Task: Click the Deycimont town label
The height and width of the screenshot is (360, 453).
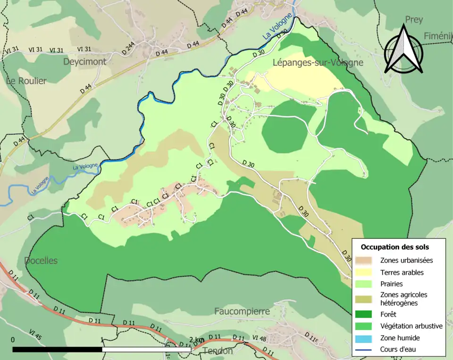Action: pos(84,61)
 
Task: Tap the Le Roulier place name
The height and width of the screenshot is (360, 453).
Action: pos(26,81)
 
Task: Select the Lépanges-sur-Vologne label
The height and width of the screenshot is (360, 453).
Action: pos(318,62)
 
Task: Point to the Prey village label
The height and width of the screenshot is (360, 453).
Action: pos(413,20)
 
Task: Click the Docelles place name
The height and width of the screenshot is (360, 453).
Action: pos(41,260)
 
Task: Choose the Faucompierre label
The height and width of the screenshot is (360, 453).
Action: pos(242,311)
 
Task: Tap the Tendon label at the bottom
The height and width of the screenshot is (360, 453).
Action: pos(218,351)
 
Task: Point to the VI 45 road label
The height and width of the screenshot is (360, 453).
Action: pos(35,335)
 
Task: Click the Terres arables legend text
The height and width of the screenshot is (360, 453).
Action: pos(402,272)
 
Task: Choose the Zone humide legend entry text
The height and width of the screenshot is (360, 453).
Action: pos(400,338)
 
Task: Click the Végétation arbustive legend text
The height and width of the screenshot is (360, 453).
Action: pos(411,326)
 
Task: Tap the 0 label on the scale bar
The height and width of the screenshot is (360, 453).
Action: pos(13,340)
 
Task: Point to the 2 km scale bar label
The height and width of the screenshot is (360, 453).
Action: pos(197,340)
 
